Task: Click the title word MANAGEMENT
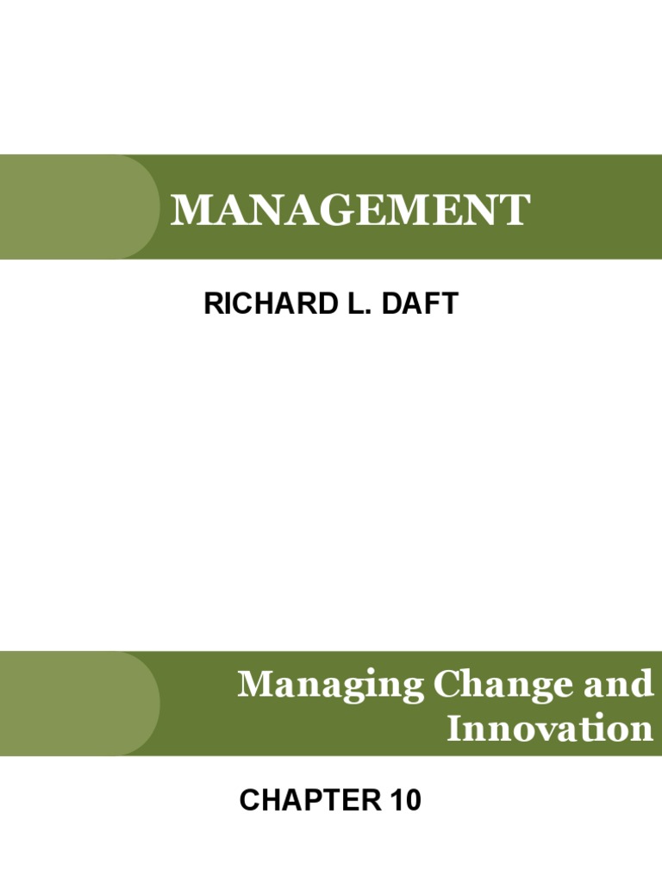click(349, 210)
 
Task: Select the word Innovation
click(549, 730)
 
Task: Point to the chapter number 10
click(404, 801)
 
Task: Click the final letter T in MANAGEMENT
click(514, 210)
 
